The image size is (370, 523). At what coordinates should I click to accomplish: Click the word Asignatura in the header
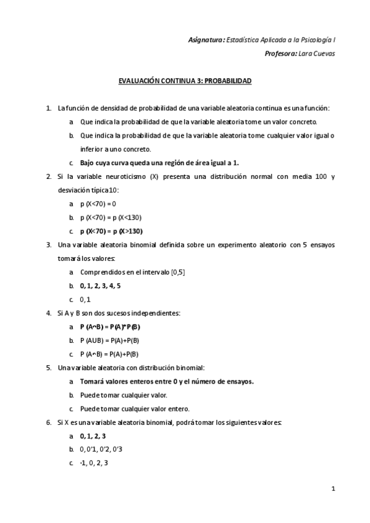[206, 40]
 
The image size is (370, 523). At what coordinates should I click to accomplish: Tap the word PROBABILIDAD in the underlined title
[227, 81]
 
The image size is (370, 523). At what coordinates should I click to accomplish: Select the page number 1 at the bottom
[332, 490]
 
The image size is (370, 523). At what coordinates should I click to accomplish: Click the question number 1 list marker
[49, 108]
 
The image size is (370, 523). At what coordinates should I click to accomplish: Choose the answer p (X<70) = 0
[98, 204]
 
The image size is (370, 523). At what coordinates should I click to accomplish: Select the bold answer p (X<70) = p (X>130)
[111, 231]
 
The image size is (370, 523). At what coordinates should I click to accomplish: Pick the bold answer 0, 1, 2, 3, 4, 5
[100, 286]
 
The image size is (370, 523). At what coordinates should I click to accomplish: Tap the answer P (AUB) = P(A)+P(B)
[109, 340]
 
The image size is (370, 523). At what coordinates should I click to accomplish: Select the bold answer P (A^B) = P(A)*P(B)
[110, 327]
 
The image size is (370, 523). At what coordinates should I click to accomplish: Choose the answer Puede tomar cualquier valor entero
[134, 408]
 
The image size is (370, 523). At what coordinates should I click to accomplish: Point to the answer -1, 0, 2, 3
[94, 463]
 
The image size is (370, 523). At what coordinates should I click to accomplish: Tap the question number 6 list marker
[49, 422]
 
